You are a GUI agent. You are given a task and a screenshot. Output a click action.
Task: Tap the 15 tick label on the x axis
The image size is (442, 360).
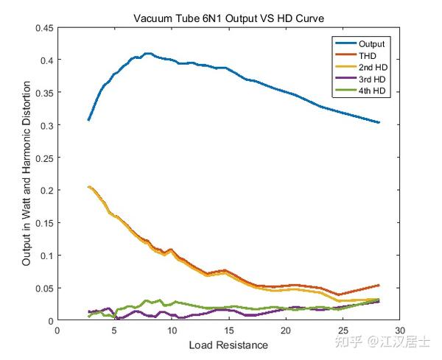[x=228, y=331]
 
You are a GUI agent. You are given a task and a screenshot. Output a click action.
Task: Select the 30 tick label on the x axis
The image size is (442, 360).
[x=400, y=331]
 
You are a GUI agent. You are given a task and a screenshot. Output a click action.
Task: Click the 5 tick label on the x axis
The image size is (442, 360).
[x=114, y=331]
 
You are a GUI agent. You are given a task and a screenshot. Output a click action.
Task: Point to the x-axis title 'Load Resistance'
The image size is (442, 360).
[x=228, y=345]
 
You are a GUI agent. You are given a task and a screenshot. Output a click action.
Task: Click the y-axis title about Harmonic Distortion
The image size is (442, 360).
[x=27, y=174]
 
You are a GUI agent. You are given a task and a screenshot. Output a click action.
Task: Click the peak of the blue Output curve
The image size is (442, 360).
[x=148, y=54]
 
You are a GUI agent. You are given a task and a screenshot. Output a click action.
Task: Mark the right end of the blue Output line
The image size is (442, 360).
[x=379, y=122]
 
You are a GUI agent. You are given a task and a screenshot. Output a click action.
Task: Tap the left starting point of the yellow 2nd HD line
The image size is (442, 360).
[x=89, y=187]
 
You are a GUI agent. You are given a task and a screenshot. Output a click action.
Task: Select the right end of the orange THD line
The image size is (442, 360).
[x=379, y=285]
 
